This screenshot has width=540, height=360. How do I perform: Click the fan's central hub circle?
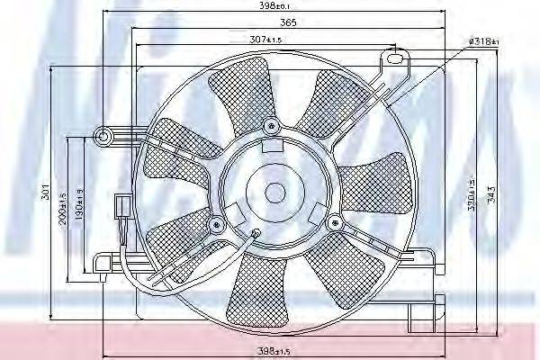pyautogui.click(x=273, y=191)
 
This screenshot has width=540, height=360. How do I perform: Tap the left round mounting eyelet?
pyautogui.click(x=103, y=137)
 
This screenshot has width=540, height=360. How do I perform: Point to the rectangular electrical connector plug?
pyautogui.click(x=121, y=210)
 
